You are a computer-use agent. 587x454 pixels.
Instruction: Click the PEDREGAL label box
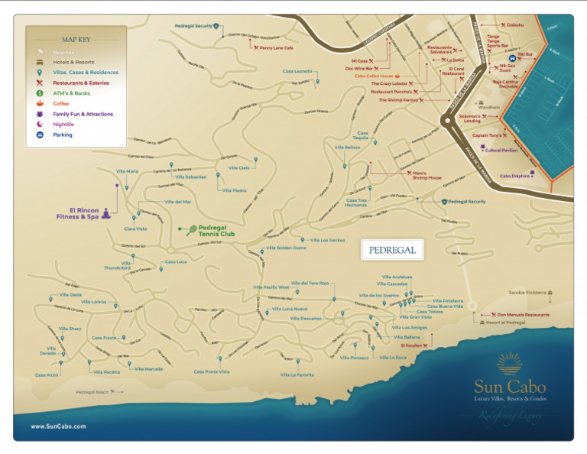point(391,249)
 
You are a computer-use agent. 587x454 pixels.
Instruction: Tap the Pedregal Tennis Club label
point(219,230)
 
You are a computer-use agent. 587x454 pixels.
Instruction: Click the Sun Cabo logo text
point(510,385)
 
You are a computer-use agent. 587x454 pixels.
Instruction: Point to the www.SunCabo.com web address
point(58,426)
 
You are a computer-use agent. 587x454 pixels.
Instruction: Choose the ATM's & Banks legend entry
point(71,93)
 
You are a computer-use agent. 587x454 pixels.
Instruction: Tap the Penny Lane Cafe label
point(277,47)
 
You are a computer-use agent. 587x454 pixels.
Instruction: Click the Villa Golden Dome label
point(286,248)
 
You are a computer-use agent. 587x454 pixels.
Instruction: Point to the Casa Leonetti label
point(297,71)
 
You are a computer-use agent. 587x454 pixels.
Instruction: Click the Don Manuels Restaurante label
point(523,314)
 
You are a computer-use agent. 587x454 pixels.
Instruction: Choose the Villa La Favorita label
point(297,375)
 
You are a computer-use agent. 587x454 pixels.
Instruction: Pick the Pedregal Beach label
point(92,392)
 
